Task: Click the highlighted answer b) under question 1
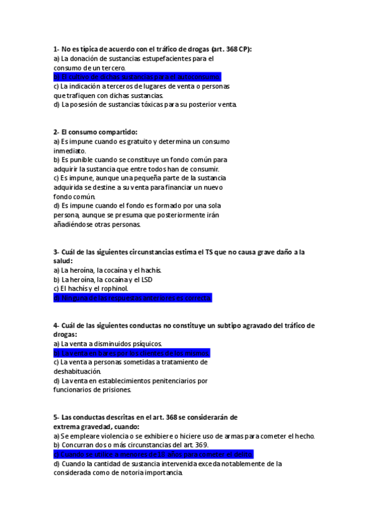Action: pyautogui.click(x=137, y=77)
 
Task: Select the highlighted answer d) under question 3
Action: pyautogui.click(x=132, y=298)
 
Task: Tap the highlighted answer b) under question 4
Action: pyautogui.click(x=131, y=352)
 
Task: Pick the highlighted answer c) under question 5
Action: pyautogui.click(x=153, y=454)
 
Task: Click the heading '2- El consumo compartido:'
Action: pyautogui.click(x=95, y=132)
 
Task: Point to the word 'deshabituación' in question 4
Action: pyautogui.click(x=76, y=371)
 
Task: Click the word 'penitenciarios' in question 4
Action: pyautogui.click(x=173, y=381)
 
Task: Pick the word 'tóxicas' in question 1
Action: pyautogui.click(x=147, y=104)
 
